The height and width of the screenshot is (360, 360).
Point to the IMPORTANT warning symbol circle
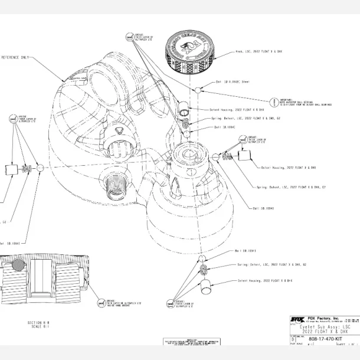coord(274,102)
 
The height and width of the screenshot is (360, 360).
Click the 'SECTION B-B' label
coord(38,323)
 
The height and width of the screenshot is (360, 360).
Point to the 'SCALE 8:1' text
coord(38,327)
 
